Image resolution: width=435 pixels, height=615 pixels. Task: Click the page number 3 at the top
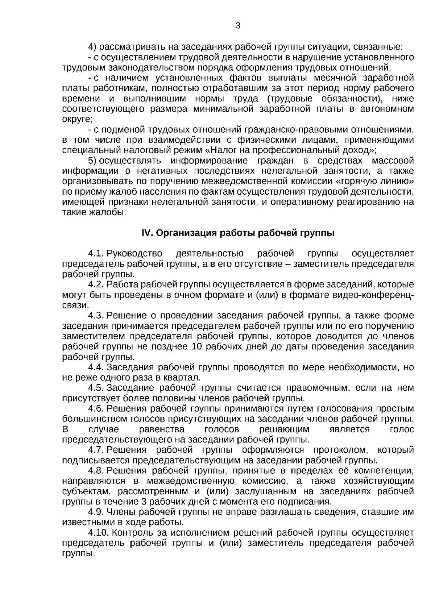[238, 26]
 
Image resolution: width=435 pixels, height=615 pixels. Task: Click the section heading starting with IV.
[238, 233]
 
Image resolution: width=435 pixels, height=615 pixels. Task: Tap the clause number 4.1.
[96, 253]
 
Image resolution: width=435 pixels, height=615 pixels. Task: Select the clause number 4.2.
[96, 284]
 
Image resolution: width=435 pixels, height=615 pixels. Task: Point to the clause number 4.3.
[96, 315]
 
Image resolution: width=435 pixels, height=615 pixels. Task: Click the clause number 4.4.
[96, 367]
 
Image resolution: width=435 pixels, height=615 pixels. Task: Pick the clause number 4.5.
[96, 388]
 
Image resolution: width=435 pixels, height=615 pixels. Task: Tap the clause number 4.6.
[96, 408]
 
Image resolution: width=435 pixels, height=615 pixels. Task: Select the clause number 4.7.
[96, 450]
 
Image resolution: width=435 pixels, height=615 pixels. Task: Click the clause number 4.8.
[96, 471]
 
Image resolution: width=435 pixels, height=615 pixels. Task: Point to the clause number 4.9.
[96, 512]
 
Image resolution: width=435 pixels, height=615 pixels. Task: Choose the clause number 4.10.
[99, 533]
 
